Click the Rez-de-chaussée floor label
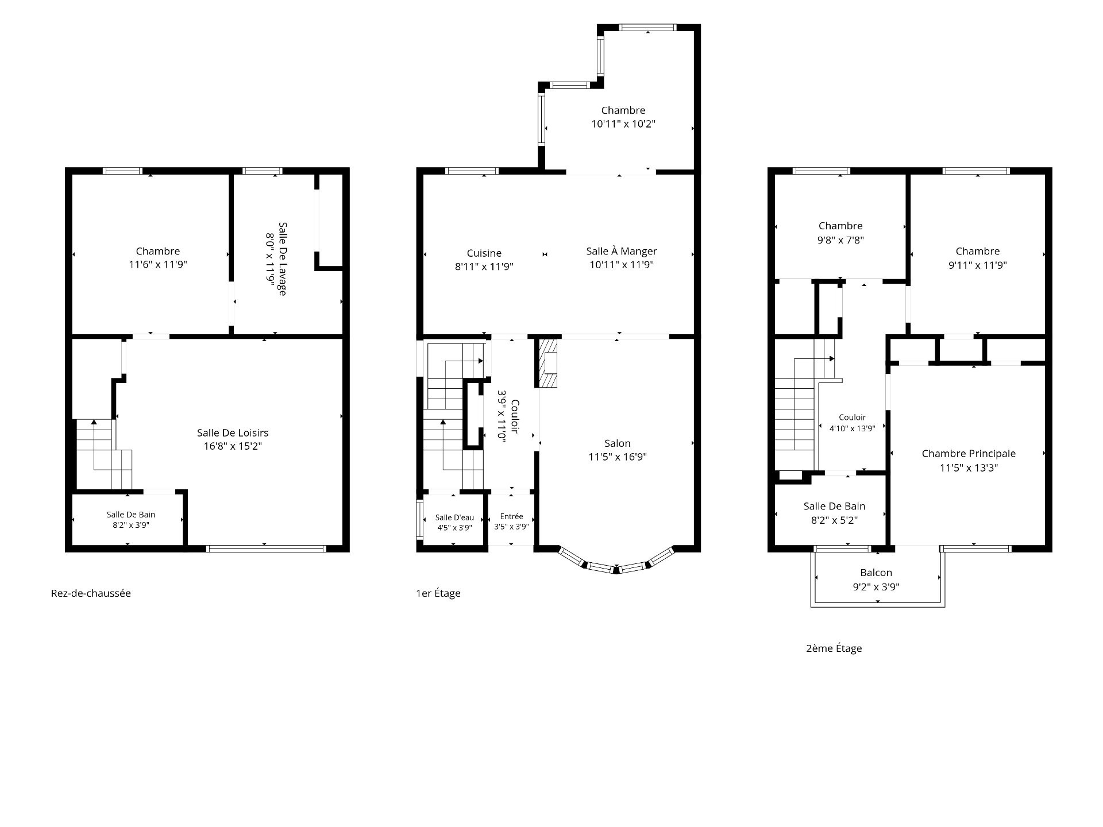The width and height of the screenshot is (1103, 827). click(x=91, y=593)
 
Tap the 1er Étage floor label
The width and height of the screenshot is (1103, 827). click(x=438, y=593)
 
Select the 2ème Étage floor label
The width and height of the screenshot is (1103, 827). click(x=834, y=648)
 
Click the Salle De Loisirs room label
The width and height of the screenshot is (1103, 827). click(x=233, y=433)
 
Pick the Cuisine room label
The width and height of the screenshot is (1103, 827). click(x=484, y=253)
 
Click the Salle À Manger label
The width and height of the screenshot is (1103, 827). click(x=622, y=251)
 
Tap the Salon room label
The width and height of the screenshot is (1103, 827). click(x=618, y=443)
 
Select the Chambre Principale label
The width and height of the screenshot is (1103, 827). click(x=969, y=454)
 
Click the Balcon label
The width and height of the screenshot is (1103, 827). click(x=876, y=573)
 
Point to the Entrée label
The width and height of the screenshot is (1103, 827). click(x=511, y=516)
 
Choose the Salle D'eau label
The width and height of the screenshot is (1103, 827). click(x=454, y=517)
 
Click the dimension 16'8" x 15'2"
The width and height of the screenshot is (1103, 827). click(x=233, y=446)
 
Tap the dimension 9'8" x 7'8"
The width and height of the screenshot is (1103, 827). click(x=840, y=240)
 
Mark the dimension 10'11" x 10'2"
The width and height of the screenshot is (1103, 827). click(x=623, y=123)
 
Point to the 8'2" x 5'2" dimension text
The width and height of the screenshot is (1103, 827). click(x=834, y=520)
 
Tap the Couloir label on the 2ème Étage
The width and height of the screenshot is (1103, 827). click(x=852, y=418)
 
